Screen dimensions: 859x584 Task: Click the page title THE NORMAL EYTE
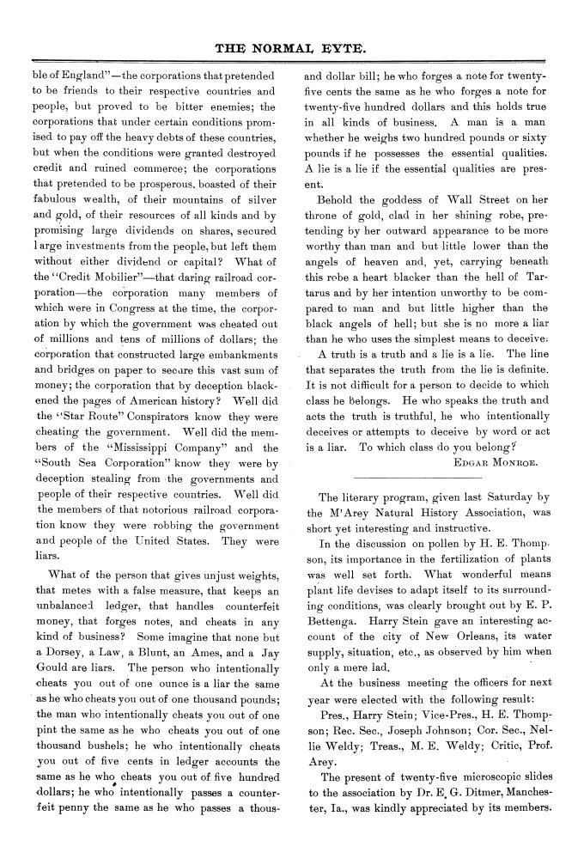point(292,48)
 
